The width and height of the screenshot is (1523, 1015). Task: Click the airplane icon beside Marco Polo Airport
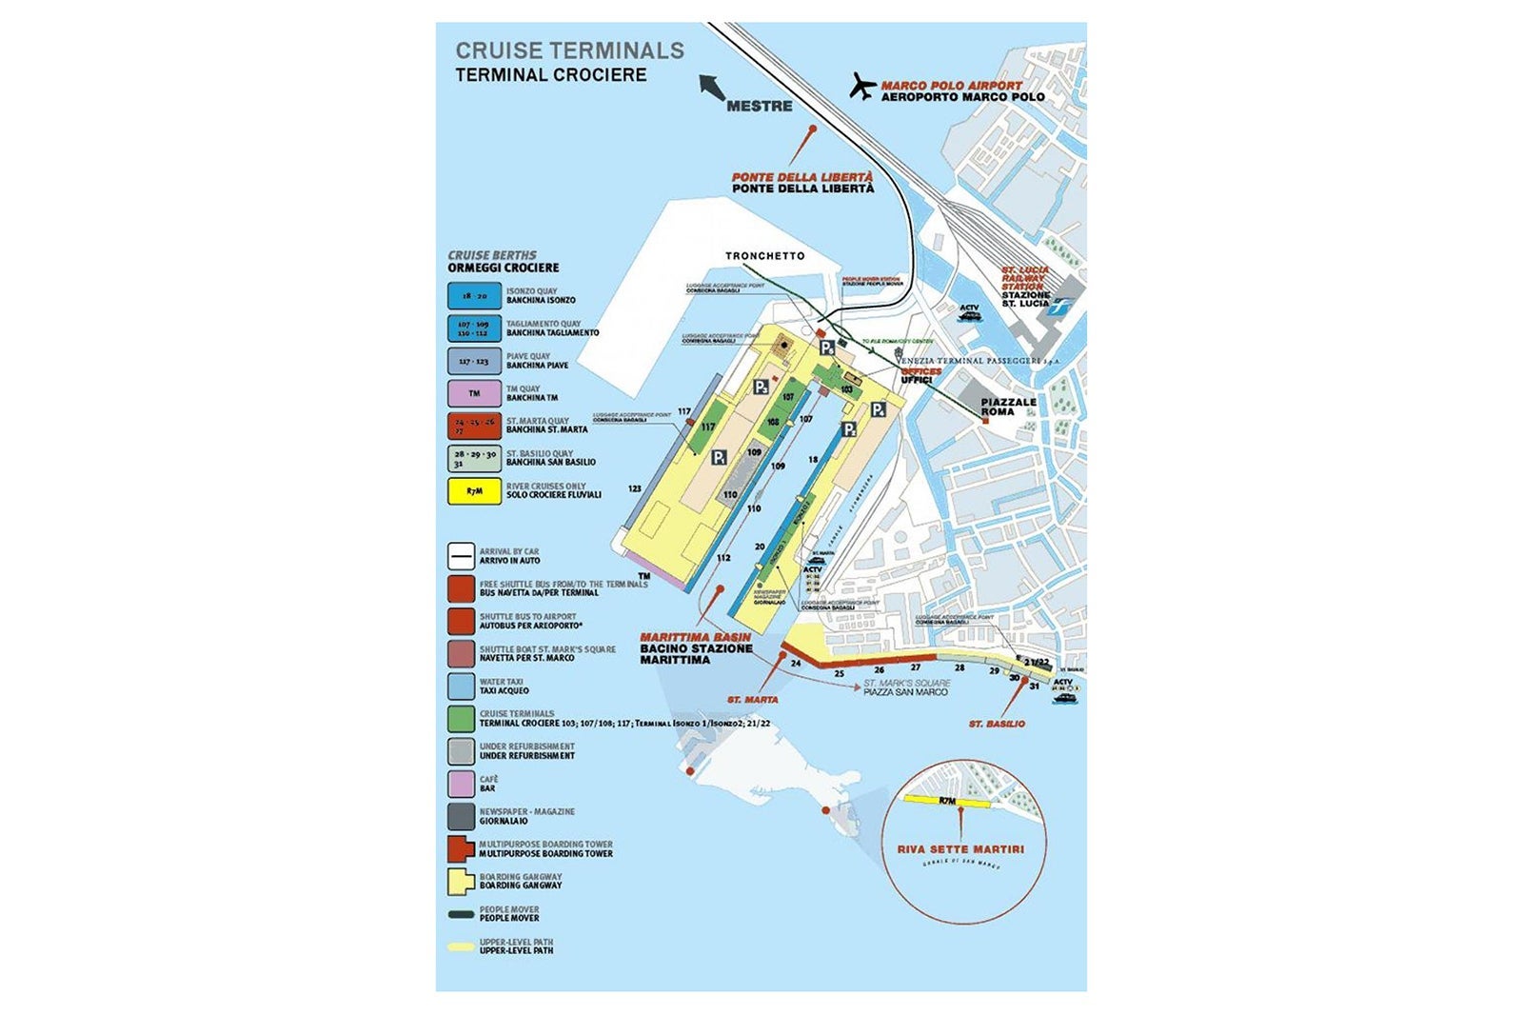[862, 87]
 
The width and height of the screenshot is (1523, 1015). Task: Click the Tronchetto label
[764, 256]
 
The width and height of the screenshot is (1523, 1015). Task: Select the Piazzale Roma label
[1008, 407]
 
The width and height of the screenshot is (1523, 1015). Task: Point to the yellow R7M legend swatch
[474, 491]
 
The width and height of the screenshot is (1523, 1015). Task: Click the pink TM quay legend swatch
[474, 393]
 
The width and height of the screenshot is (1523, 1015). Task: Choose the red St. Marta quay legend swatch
[474, 426]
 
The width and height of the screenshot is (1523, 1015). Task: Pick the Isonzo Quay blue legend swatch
[474, 296]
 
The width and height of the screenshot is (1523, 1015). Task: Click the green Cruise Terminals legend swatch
[461, 718]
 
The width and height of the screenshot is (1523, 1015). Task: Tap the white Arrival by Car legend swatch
[461, 556]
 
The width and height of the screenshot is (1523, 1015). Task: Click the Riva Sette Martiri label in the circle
[960, 849]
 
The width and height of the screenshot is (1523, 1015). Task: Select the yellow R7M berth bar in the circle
[947, 801]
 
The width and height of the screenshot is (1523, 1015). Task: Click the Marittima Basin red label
[695, 637]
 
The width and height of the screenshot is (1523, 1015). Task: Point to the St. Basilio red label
[997, 724]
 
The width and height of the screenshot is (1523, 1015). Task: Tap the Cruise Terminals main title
[569, 50]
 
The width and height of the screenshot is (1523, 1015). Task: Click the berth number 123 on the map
[634, 488]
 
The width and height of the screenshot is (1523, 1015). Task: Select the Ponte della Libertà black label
[802, 189]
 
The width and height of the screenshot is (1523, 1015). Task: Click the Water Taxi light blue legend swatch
[461, 687]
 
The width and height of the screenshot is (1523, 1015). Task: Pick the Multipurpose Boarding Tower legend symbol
[462, 848]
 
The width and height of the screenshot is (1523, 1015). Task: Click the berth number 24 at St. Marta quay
[796, 663]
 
